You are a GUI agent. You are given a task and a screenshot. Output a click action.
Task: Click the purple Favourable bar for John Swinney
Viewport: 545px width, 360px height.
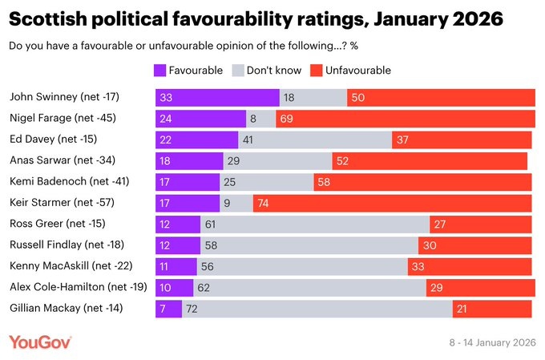coord(217,97)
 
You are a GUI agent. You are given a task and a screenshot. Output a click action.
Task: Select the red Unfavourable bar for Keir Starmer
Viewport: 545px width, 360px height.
coord(392,203)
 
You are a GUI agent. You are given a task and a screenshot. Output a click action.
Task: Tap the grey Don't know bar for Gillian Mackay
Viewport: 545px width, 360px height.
coord(317,309)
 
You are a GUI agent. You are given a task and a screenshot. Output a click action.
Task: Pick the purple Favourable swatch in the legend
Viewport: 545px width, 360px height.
coord(159,70)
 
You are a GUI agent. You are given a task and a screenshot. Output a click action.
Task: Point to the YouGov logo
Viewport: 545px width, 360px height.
coord(40,342)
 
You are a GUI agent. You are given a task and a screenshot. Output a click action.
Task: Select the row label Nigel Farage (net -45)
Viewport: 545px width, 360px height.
coord(62,118)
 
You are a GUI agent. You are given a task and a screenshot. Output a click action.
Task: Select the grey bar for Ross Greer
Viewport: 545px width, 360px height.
coord(315,224)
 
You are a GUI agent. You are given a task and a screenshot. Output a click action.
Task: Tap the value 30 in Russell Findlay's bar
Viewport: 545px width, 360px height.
coord(430,245)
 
